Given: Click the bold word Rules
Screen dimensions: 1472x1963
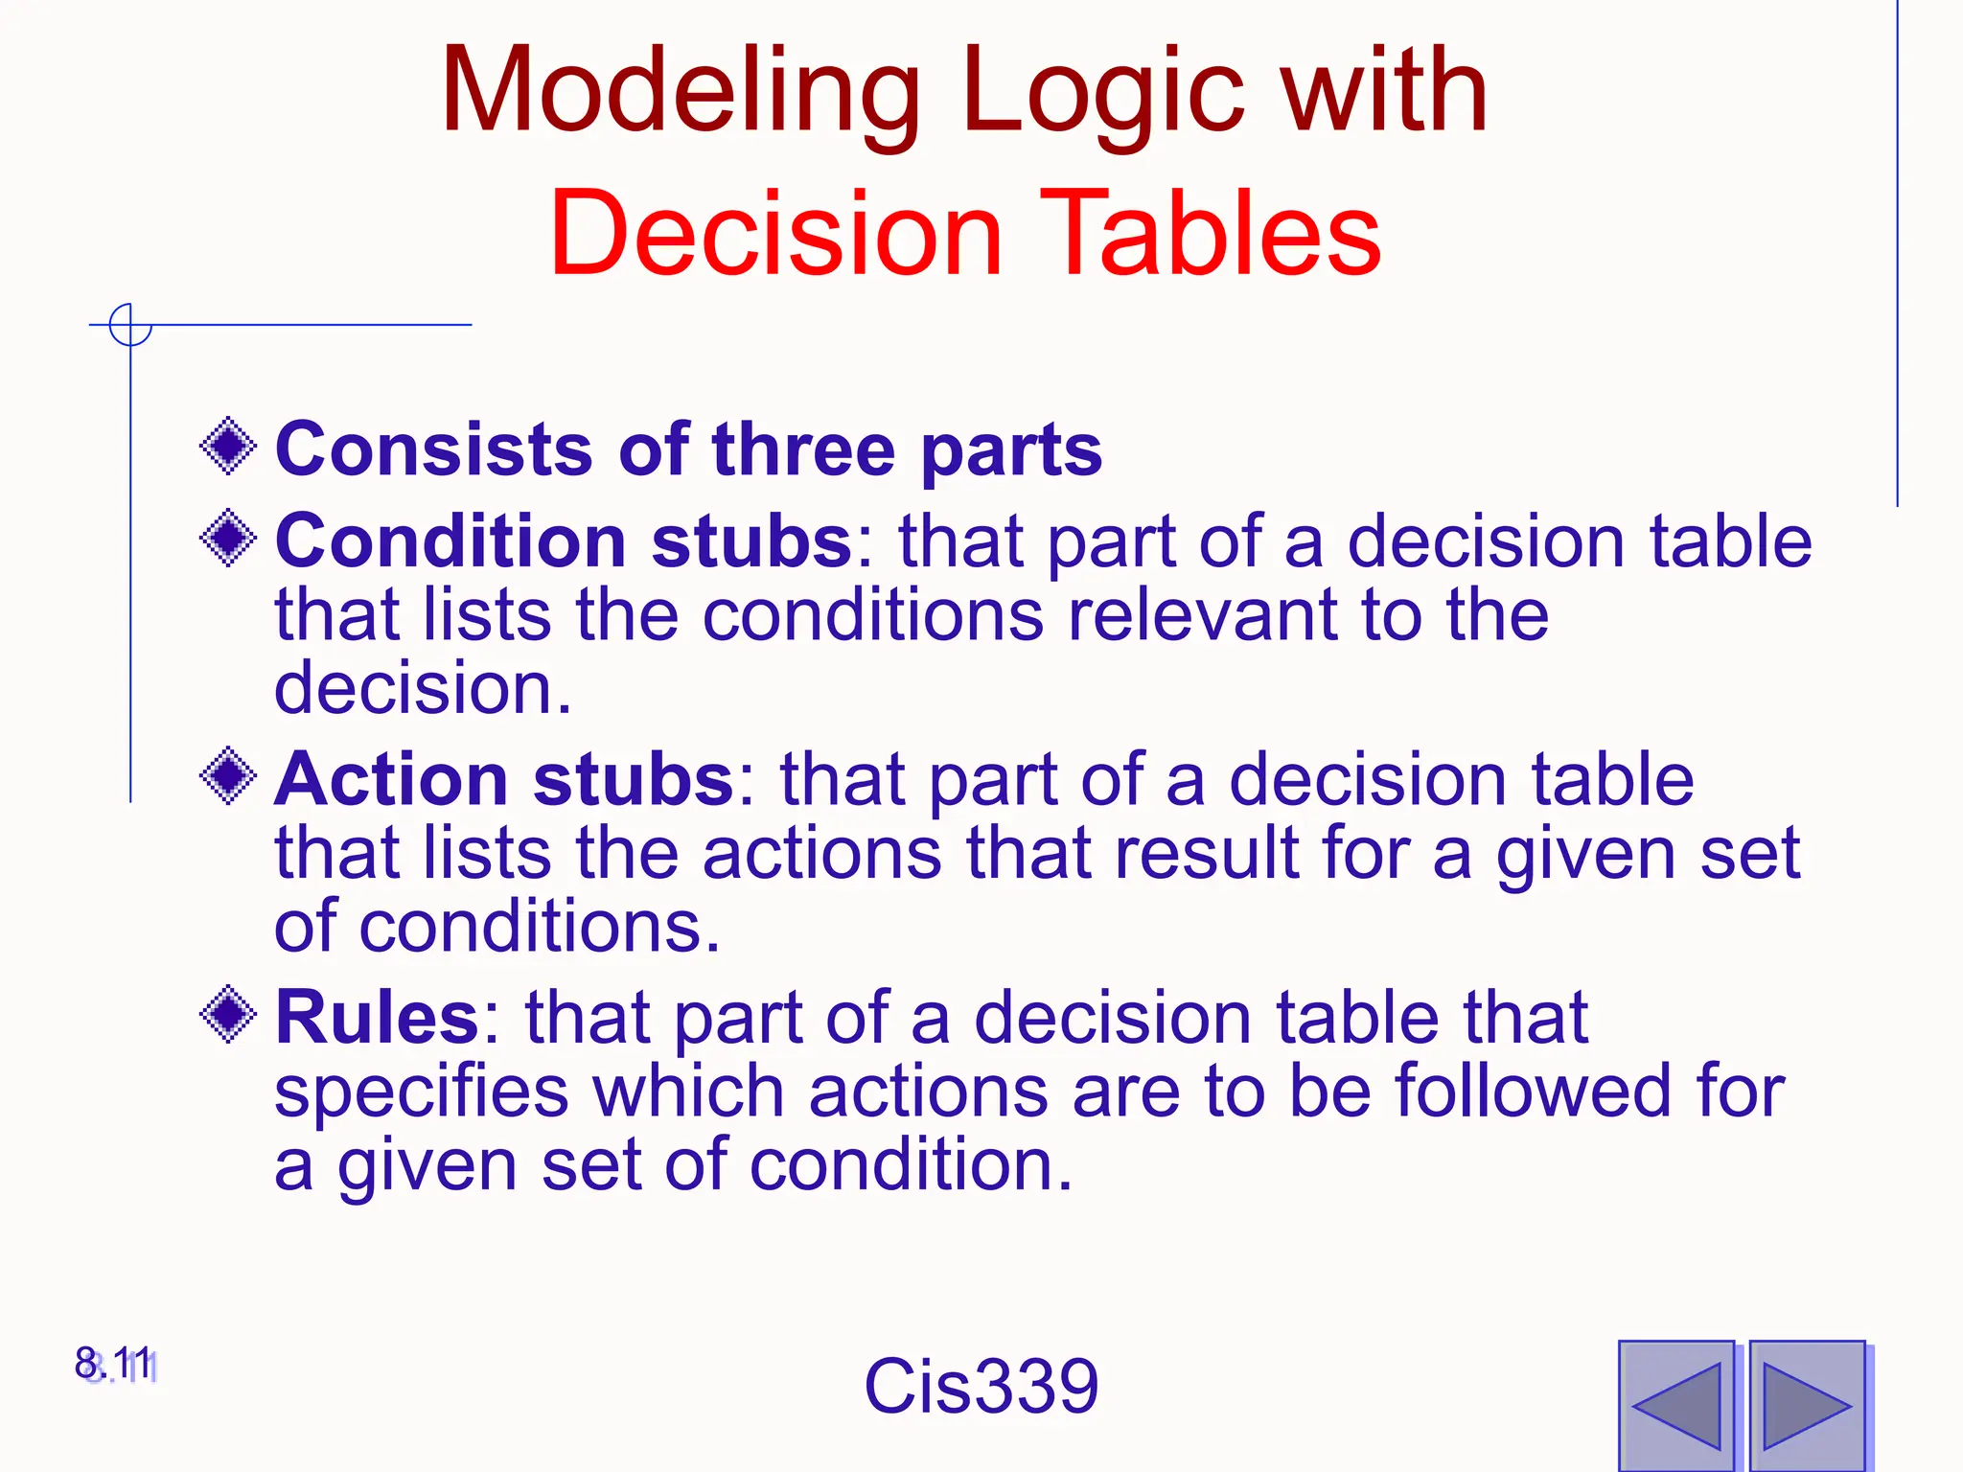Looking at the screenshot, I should (377, 1017).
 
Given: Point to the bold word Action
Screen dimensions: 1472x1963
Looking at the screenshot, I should (390, 778).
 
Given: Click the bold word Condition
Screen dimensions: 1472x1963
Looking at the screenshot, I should (450, 540).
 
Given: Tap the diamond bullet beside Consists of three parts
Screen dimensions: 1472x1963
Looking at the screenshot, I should (228, 446).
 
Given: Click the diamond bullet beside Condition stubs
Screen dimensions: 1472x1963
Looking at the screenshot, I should (228, 538).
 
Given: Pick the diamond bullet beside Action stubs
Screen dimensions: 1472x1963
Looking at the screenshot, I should (228, 775).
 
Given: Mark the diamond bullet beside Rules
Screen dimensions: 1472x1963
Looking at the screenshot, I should (228, 1014).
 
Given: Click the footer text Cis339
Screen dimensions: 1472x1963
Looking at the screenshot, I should (981, 1386).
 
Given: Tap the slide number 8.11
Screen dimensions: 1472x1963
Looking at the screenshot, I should (115, 1364).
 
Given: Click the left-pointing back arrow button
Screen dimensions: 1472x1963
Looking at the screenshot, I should (1676, 1406).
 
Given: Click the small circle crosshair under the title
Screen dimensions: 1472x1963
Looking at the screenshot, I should (130, 325).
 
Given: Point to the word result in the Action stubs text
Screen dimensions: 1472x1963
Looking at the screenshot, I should (1205, 852).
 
